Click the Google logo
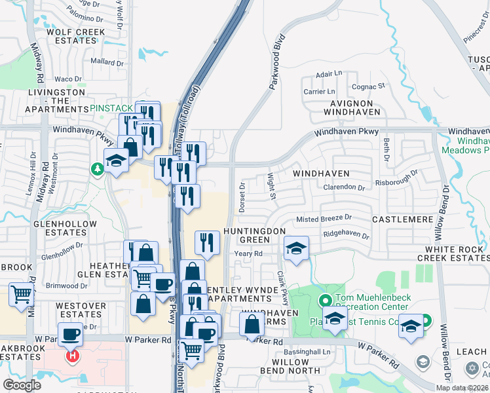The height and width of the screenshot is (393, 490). click(x=22, y=385)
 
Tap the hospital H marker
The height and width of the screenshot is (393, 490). click(x=73, y=356)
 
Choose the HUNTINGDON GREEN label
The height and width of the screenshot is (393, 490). click(x=254, y=236)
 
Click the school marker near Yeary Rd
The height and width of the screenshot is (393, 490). click(x=296, y=248)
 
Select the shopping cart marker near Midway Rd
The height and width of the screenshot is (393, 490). click(x=22, y=294)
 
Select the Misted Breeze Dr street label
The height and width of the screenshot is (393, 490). click(x=324, y=218)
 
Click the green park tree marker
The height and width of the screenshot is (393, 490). click(x=98, y=170)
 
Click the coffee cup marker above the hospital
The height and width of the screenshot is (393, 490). click(x=70, y=335)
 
